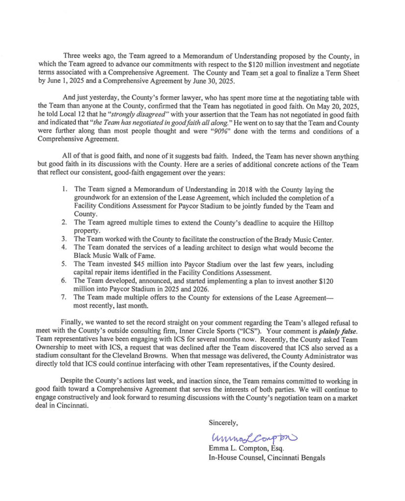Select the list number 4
(x=64, y=248)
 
